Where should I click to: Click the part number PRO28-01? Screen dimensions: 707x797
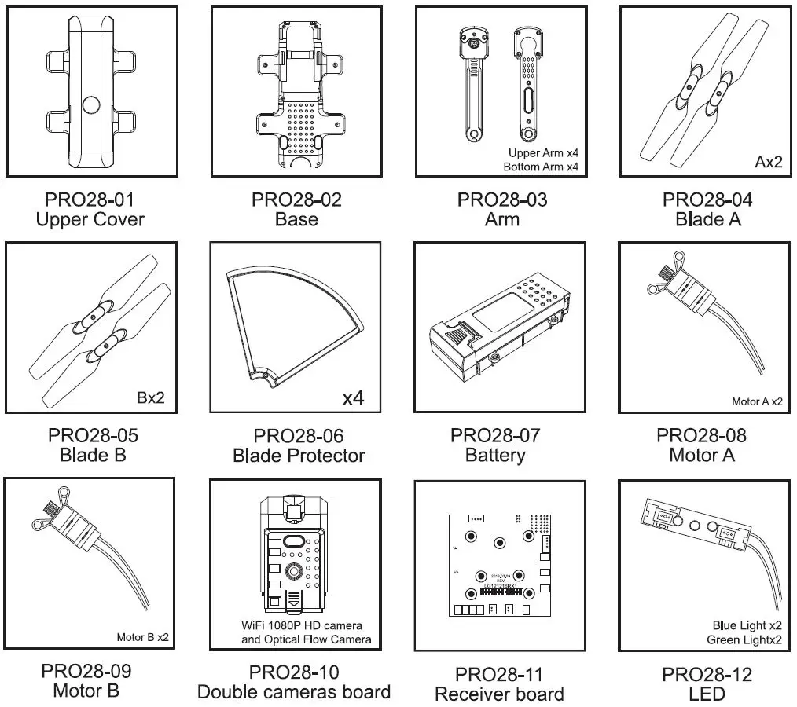[x=90, y=200]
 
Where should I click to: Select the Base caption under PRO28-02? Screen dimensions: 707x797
[x=296, y=219]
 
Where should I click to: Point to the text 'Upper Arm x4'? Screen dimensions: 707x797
[x=543, y=153]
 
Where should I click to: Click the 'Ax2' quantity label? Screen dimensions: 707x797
[x=769, y=163]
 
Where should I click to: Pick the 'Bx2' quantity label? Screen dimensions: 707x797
[x=150, y=397]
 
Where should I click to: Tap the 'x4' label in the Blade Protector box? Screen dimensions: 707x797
[x=354, y=397]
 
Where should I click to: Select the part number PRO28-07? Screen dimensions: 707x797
[x=495, y=435]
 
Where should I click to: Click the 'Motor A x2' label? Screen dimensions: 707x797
[x=757, y=401]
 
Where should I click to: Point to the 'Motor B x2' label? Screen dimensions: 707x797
[x=142, y=637]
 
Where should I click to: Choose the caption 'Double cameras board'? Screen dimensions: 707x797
[x=294, y=692]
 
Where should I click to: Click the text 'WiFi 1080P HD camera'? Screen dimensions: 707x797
[x=302, y=626]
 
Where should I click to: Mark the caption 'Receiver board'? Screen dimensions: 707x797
[x=499, y=694]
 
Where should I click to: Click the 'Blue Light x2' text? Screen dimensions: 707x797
[x=746, y=625]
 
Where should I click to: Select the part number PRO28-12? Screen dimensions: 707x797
[x=707, y=674]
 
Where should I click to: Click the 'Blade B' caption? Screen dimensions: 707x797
[x=93, y=455]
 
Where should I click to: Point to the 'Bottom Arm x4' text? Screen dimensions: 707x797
[x=542, y=167]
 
